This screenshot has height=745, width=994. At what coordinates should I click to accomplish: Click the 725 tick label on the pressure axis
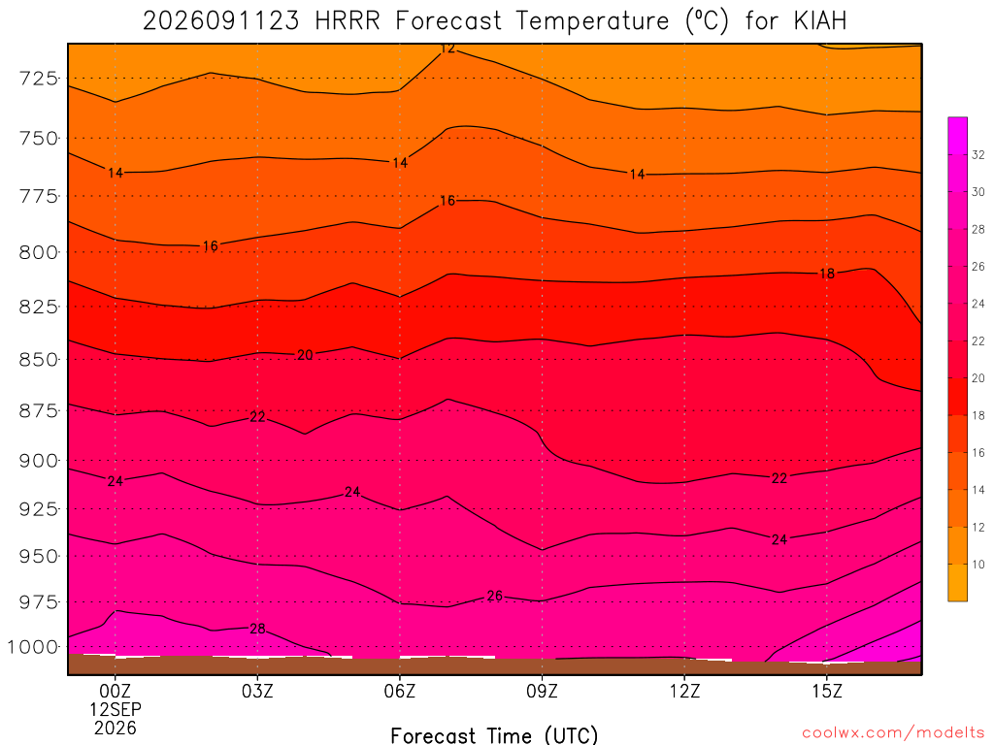(x=38, y=79)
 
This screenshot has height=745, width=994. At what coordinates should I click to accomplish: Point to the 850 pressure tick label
(x=38, y=360)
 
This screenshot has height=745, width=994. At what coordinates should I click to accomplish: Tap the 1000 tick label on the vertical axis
(x=32, y=647)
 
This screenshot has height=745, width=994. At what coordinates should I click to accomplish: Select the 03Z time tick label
(x=257, y=691)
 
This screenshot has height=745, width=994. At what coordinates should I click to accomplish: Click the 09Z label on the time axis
(x=542, y=691)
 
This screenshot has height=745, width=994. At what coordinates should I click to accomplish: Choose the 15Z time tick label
(x=827, y=691)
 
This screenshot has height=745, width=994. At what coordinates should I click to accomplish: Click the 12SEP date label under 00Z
(x=116, y=709)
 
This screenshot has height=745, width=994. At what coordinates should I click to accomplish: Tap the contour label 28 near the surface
(x=257, y=629)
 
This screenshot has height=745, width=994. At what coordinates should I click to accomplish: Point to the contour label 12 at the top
(x=447, y=49)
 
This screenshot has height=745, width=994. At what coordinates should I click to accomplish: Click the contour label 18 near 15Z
(x=827, y=274)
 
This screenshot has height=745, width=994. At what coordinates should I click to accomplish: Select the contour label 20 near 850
(x=305, y=355)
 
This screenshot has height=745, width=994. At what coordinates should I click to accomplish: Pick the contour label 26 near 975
(x=495, y=597)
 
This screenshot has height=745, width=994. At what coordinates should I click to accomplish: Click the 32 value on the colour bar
(x=978, y=154)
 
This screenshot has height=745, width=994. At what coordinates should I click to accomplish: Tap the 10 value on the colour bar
(x=978, y=565)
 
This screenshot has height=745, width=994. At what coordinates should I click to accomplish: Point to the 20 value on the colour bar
(x=978, y=378)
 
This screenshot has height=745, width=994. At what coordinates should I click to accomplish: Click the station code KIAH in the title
(x=820, y=21)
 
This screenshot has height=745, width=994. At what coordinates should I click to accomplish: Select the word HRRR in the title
(x=348, y=21)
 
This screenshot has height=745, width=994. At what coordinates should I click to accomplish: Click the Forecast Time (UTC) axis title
(x=494, y=735)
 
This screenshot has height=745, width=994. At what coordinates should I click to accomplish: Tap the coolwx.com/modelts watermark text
(x=893, y=733)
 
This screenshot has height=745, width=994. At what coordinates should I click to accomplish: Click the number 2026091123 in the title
(x=220, y=21)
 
